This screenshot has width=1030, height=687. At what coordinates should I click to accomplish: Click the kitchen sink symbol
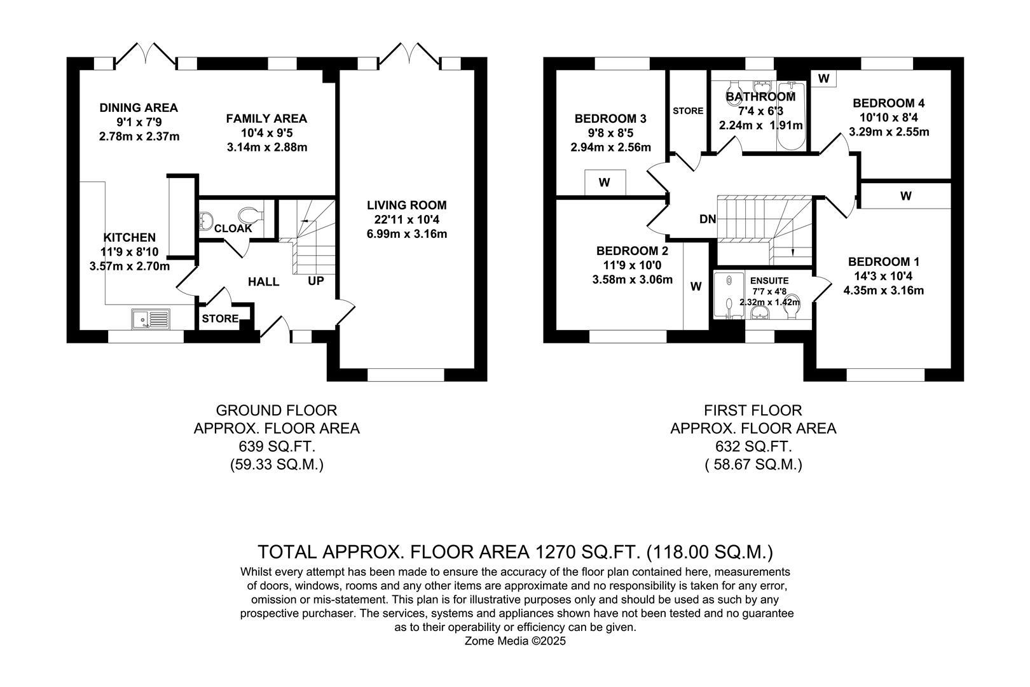[151, 319]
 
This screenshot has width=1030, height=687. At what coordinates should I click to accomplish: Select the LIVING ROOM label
[406, 205]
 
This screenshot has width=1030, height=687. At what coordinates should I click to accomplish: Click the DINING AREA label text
[139, 108]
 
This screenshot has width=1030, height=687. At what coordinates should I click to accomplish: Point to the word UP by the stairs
[316, 281]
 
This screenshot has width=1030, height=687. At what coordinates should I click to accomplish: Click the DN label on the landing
[708, 219]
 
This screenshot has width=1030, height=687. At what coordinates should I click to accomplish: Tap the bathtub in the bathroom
[792, 116]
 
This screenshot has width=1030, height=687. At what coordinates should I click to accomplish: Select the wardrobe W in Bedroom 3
[605, 183]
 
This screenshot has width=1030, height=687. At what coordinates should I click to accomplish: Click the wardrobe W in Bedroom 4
[823, 78]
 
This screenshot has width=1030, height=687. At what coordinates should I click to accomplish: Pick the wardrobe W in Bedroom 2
[696, 286]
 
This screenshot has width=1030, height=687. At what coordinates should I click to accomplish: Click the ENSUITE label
[769, 281]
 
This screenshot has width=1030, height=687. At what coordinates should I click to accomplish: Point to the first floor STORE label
[688, 111]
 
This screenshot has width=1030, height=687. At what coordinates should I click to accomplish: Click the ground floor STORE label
[220, 319]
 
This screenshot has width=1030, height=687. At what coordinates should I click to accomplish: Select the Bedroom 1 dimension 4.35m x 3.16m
[883, 291]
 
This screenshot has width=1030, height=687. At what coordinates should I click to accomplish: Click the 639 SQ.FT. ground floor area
[277, 447]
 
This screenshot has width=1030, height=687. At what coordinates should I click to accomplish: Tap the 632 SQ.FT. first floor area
[753, 447]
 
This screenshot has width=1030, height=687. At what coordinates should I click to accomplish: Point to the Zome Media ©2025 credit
[515, 641]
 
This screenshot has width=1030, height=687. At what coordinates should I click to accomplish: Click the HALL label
[263, 282]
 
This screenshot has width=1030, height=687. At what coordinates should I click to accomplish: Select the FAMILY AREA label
[266, 118]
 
